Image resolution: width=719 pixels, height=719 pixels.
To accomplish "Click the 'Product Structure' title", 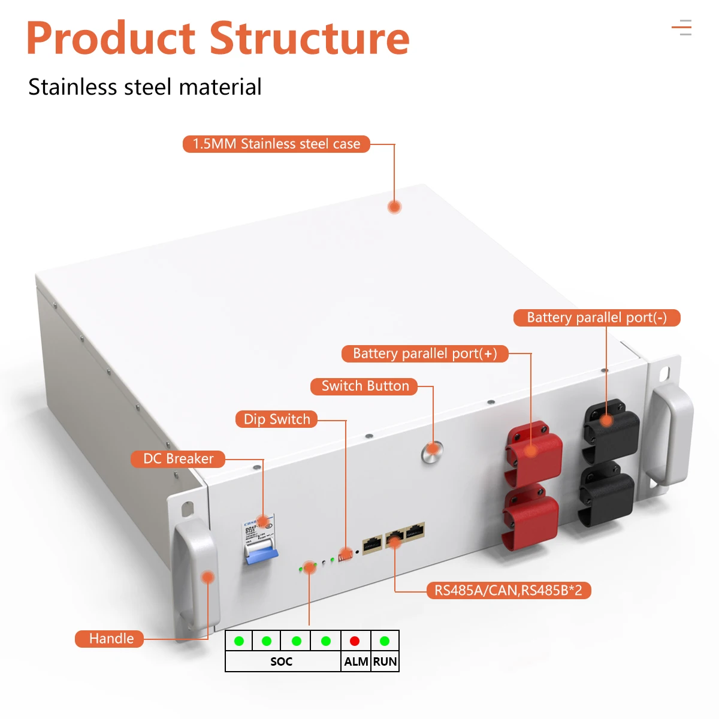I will [x=217, y=38].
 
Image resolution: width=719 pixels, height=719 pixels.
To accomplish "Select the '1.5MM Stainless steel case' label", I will [x=276, y=144].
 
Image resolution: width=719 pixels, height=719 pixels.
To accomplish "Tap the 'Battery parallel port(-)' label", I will [x=597, y=318].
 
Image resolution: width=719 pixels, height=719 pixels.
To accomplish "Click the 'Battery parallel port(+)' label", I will [x=425, y=354].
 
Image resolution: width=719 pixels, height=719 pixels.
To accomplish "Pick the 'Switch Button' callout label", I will [x=365, y=386].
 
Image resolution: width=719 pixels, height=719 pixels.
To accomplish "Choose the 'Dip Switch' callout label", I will [x=276, y=419].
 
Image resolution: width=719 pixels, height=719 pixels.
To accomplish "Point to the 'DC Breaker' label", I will [x=178, y=459].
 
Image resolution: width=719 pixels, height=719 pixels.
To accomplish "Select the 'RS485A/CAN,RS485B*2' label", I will [x=508, y=590].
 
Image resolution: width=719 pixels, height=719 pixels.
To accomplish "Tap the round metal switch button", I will [x=432, y=451].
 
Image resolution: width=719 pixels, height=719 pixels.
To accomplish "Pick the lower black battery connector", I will [x=606, y=494].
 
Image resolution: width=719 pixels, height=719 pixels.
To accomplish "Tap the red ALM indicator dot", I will [x=355, y=641].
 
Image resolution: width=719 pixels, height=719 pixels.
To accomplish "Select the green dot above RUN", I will [x=385, y=641].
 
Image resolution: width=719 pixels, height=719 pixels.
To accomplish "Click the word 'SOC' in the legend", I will [x=281, y=661].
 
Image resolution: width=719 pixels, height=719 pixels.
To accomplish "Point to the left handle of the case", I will [x=195, y=575].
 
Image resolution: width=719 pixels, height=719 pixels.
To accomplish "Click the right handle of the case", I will [x=671, y=431].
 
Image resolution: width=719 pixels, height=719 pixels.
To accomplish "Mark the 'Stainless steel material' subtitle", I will [x=145, y=87].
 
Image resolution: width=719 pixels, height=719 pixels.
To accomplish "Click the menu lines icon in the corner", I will [x=682, y=28].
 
